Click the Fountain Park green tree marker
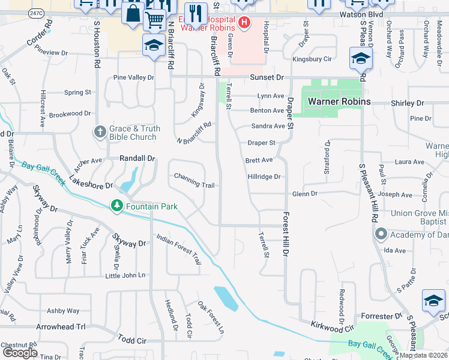pyautogui.click(x=116, y=206)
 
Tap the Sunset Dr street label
pyautogui.click(x=267, y=77)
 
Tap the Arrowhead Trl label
pyautogui.click(x=61, y=327)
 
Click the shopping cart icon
pyautogui.click(x=155, y=20)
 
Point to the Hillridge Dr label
pyautogui.click(x=264, y=177)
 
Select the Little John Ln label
pyautogui.click(x=125, y=275)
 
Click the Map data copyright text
pyautogui.click(x=424, y=355)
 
